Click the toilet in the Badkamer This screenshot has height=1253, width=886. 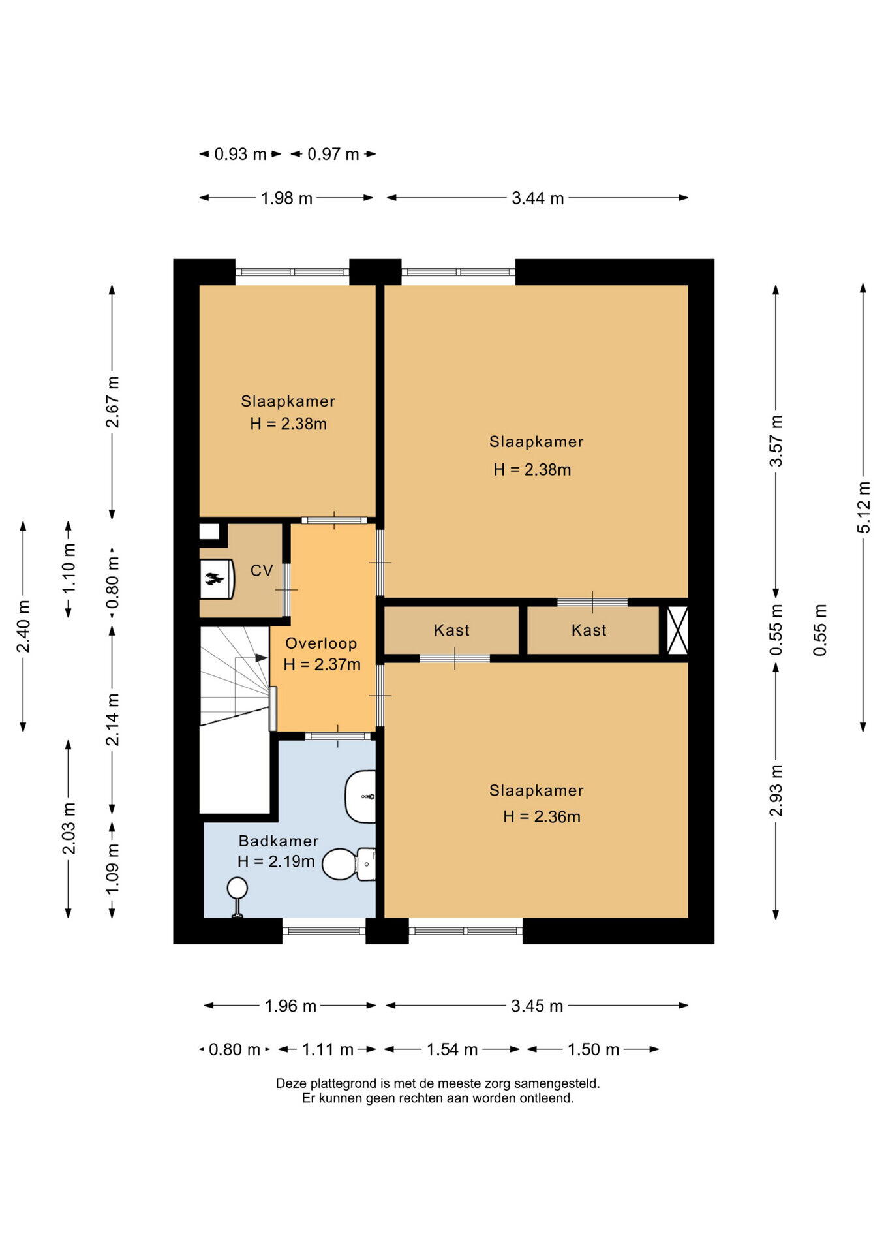[x=350, y=864]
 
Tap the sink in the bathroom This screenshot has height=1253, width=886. [x=361, y=796]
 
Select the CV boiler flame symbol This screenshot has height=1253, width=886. [x=215, y=578]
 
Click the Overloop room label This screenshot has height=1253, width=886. [x=321, y=643]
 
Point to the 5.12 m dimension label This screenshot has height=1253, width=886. [x=864, y=507]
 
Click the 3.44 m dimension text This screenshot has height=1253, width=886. [x=538, y=198]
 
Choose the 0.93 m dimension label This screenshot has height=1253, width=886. [x=240, y=155]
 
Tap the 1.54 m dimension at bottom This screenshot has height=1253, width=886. [x=452, y=1049]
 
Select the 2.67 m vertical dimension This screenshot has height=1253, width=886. [x=113, y=401]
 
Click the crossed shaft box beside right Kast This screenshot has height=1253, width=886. [x=677, y=630]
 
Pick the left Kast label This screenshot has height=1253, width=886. [x=451, y=630]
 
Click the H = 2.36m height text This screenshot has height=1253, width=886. [x=542, y=816]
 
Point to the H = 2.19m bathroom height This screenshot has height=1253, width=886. [x=276, y=861]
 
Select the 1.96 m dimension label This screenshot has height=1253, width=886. [x=290, y=1006]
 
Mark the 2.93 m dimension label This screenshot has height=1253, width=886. [x=776, y=790]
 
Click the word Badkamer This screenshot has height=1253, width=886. [x=279, y=841]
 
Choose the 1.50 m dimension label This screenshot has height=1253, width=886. [x=593, y=1049]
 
